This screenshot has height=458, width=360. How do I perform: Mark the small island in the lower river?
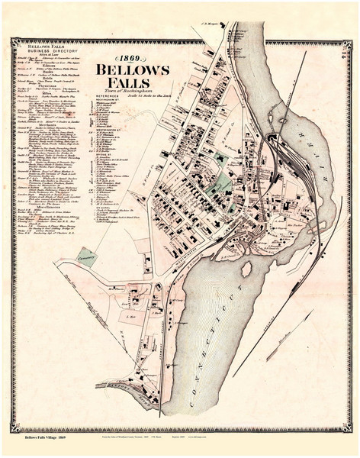pyautogui.click(x=246, y=269)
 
